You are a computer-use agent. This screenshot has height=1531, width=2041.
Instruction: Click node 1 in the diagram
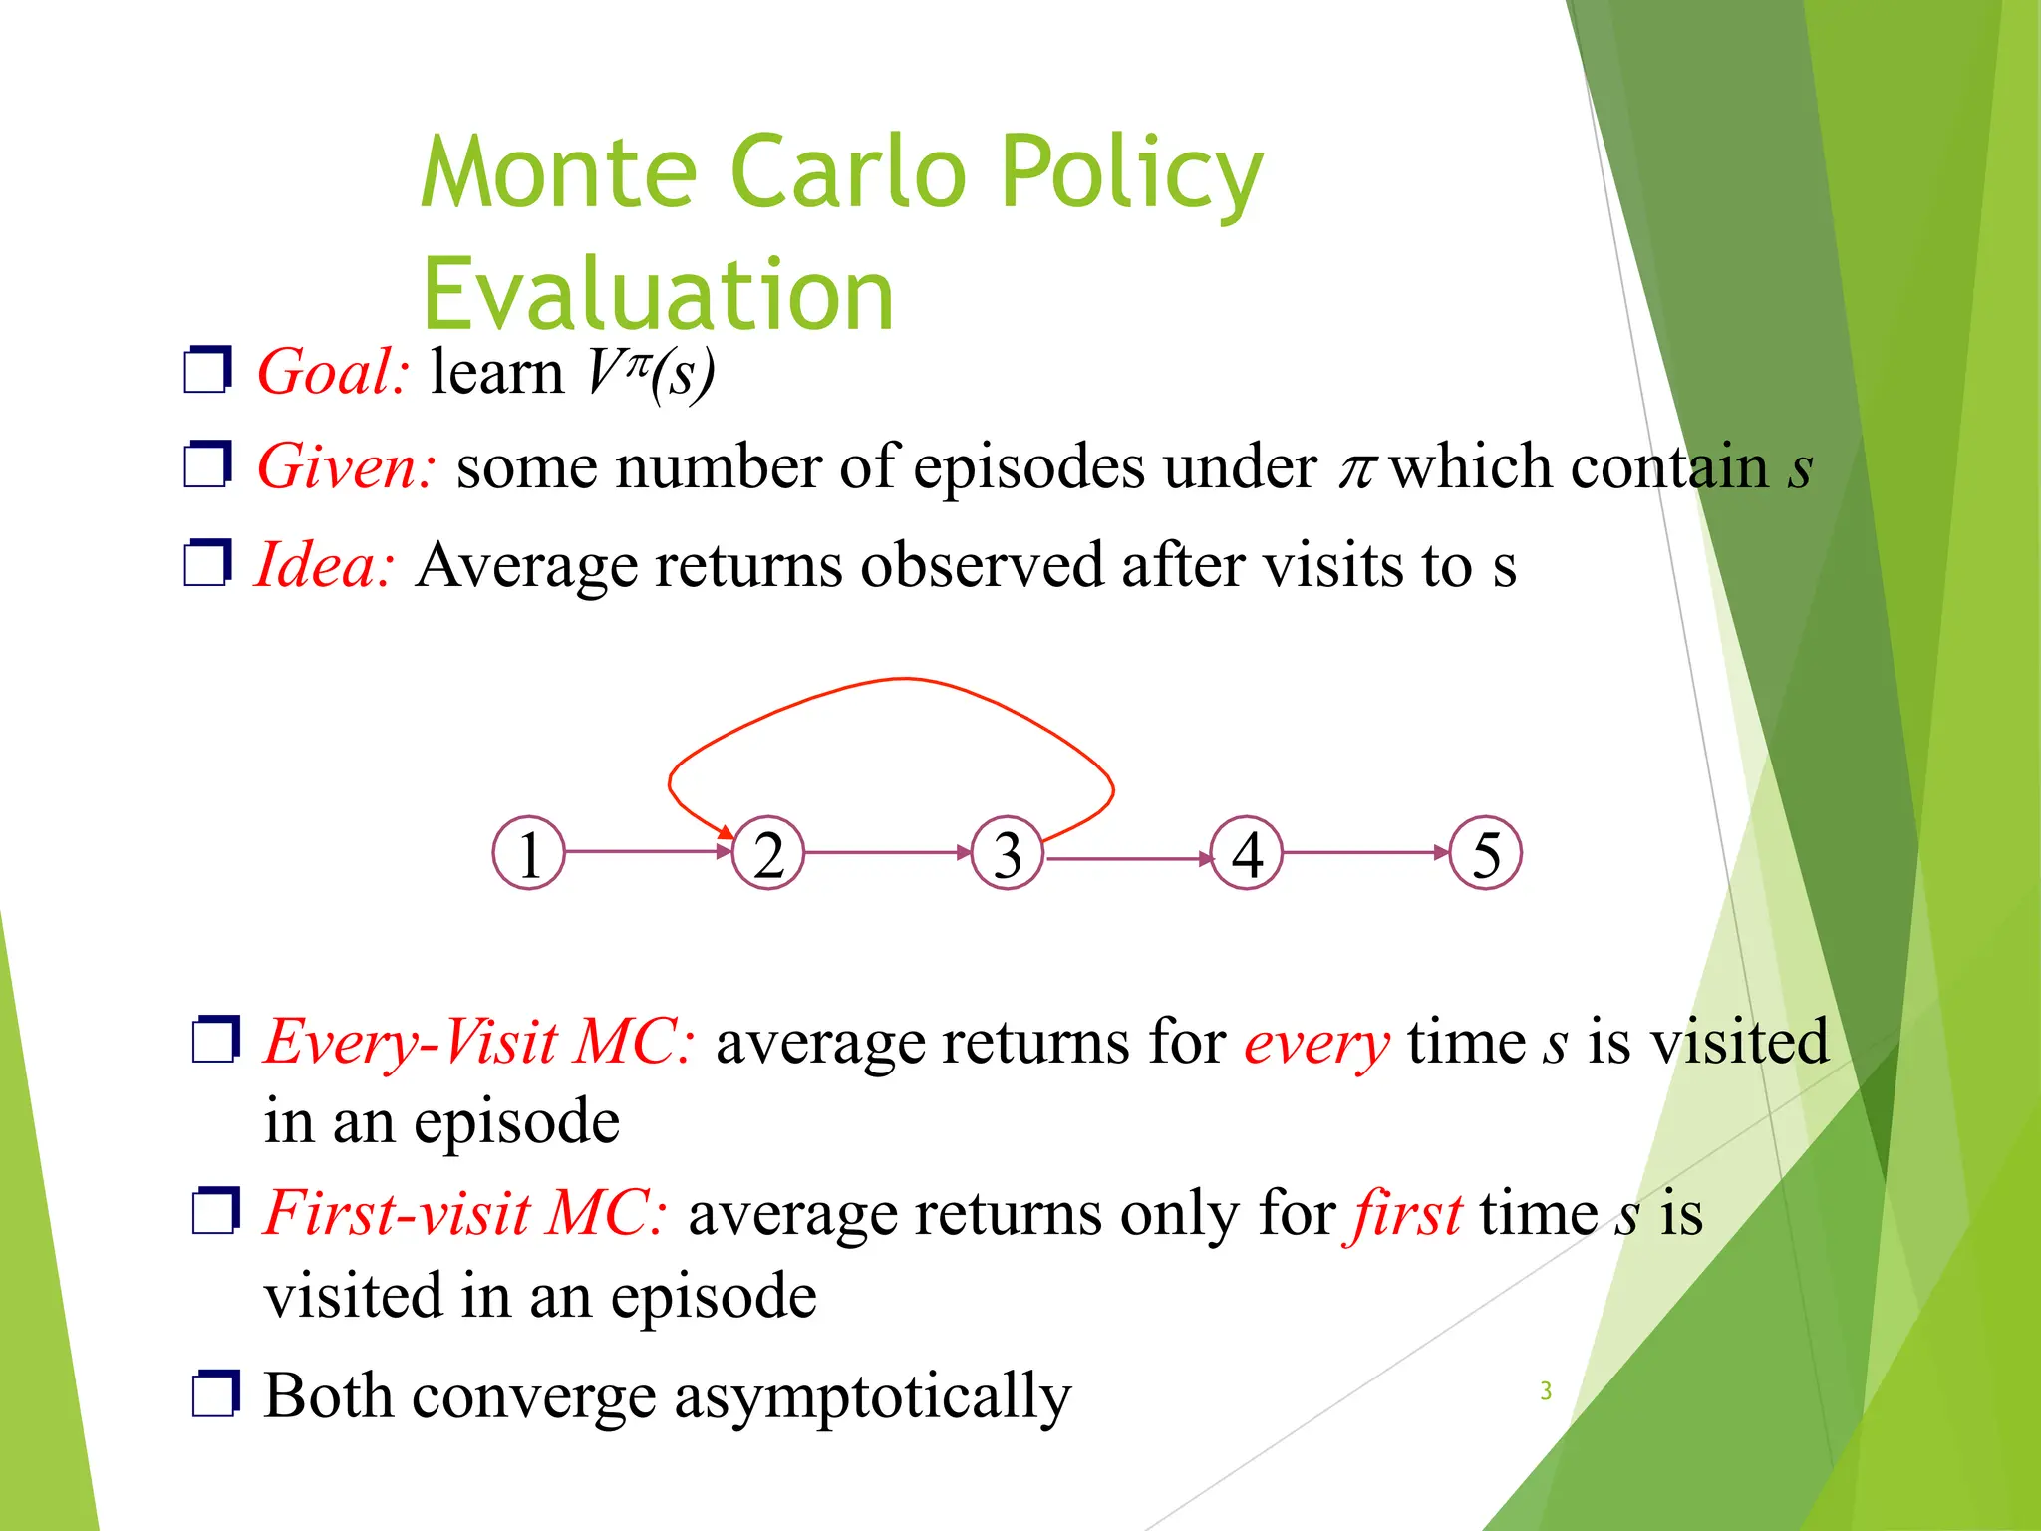point(529,853)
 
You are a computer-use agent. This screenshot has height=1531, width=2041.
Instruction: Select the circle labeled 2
point(768,853)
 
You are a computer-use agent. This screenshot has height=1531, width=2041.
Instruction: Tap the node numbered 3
point(1008,853)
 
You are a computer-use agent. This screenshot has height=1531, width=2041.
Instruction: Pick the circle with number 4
point(1247,853)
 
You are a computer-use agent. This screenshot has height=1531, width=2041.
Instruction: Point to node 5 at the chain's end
point(1486,853)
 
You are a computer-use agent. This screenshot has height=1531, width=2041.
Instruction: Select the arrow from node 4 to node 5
point(1365,852)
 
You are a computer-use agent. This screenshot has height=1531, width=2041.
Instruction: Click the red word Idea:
point(325,565)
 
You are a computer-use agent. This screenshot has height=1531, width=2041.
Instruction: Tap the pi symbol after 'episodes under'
point(1356,468)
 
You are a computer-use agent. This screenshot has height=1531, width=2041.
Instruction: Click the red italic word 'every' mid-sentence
point(1315,1045)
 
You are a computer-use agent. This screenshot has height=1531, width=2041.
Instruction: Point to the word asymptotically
point(872,1397)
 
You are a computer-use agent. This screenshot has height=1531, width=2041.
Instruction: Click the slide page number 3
point(1546,1390)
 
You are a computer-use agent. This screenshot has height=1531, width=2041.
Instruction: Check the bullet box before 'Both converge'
point(215,1393)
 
